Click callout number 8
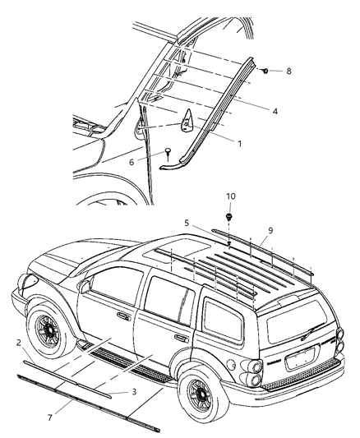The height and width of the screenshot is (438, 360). tap(288, 71)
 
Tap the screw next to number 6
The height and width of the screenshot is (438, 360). tap(167, 152)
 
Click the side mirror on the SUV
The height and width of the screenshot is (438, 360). tap(85, 286)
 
